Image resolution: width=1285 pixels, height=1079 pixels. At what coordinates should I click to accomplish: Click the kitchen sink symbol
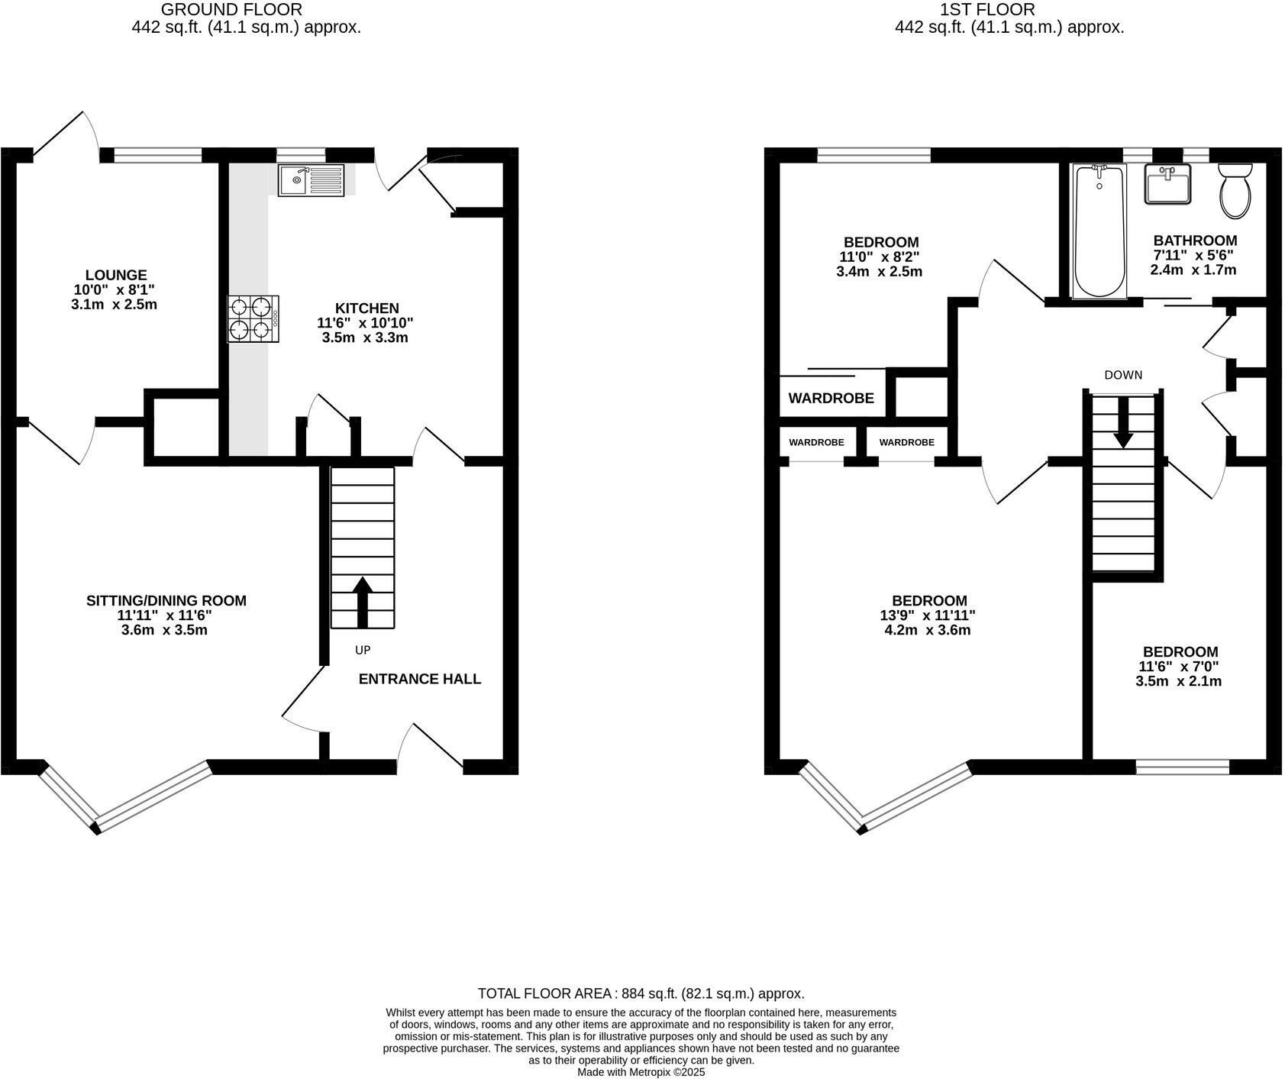pos(312,180)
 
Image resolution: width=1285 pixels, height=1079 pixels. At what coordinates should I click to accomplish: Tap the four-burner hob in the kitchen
pos(253,318)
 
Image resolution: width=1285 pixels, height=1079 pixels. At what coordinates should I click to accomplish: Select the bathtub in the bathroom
pos(1099,231)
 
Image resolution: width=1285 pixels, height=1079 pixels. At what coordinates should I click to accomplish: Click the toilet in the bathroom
pos(1235,190)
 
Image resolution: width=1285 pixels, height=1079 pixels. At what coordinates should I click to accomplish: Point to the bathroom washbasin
pos(1167,184)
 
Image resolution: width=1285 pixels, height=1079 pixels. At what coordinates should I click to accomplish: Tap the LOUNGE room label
pos(116,275)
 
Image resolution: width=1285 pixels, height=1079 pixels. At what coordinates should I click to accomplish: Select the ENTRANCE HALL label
pos(420,679)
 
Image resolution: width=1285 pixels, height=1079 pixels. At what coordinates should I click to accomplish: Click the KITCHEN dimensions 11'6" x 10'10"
pos(365,323)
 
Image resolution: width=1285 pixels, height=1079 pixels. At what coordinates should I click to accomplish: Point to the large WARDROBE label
pos(831,398)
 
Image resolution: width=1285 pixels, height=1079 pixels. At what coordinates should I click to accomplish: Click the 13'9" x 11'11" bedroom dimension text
pos(929,615)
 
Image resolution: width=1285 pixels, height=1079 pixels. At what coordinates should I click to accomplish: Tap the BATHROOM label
pos(1195,240)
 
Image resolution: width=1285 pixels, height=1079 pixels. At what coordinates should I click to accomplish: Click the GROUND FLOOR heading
pos(231,10)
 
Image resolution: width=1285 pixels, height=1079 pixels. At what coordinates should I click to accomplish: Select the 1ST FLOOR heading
pos(987,10)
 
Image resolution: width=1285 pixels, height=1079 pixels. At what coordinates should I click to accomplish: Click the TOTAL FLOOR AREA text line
pos(641,993)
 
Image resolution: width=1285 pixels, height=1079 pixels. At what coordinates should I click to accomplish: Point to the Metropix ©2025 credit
pos(641,1072)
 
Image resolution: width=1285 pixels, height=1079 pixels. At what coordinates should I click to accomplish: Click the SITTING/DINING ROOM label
pos(166,601)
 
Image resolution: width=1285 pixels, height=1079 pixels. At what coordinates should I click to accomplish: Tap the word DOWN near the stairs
pos(1123,375)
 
